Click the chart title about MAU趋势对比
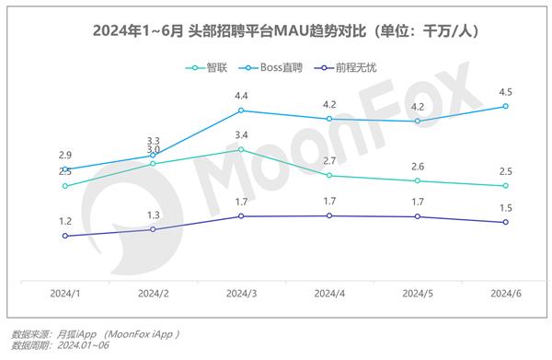[276, 31]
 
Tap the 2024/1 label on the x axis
[64, 293]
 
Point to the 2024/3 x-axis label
[241, 293]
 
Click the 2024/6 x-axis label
[505, 293]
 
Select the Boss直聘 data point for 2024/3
[241, 110]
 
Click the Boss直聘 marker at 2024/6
[505, 107]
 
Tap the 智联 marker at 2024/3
[241, 149]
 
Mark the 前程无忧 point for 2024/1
[64, 236]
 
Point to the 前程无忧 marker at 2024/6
[505, 223]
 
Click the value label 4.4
[241, 96]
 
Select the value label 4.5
[505, 91]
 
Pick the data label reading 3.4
[241, 135]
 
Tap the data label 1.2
[64, 221]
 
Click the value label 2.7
[329, 161]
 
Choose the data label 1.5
[505, 208]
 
